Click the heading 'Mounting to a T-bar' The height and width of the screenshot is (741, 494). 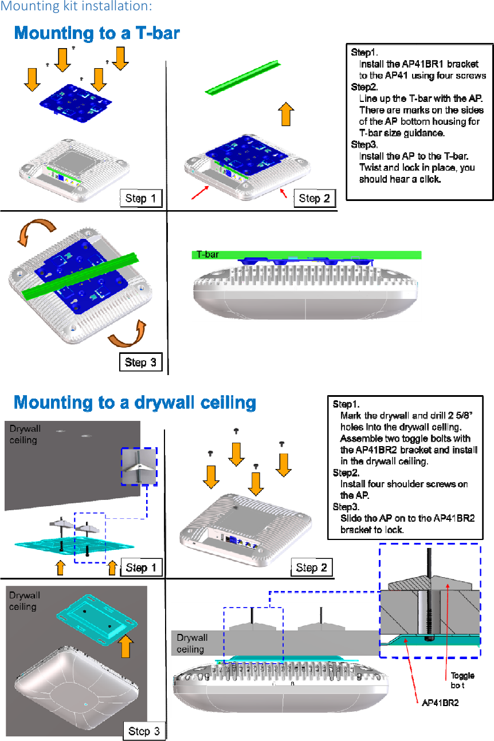(x=97, y=34)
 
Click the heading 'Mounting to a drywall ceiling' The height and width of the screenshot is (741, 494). (x=135, y=403)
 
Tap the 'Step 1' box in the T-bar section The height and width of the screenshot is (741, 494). (x=140, y=199)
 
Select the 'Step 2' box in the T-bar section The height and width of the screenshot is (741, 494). (x=315, y=199)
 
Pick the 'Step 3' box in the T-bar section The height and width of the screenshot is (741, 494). (x=140, y=362)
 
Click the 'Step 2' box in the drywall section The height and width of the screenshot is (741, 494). (x=311, y=567)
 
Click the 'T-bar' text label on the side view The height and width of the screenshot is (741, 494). (x=207, y=254)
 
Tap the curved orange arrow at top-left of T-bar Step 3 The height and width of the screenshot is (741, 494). (x=36, y=233)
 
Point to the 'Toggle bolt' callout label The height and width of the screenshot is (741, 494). (x=462, y=680)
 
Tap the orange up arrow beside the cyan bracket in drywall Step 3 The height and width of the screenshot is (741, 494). (x=126, y=645)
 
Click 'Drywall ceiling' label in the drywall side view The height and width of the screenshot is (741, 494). (x=192, y=643)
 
